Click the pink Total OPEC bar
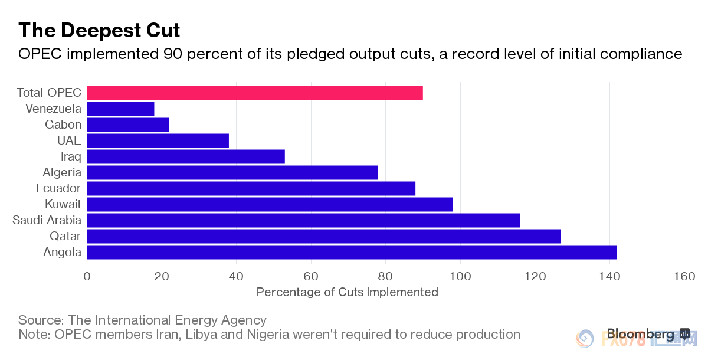255,93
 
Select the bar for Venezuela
120,109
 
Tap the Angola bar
352,252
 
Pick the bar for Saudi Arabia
303,220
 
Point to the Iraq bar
186,156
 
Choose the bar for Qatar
324,236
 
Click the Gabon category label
63,125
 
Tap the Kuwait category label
63,204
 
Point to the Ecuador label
59,188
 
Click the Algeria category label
62,172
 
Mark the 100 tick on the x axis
460,276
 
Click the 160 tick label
684,276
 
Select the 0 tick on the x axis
87,276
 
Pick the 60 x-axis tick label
311,276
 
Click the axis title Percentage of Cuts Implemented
348,292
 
